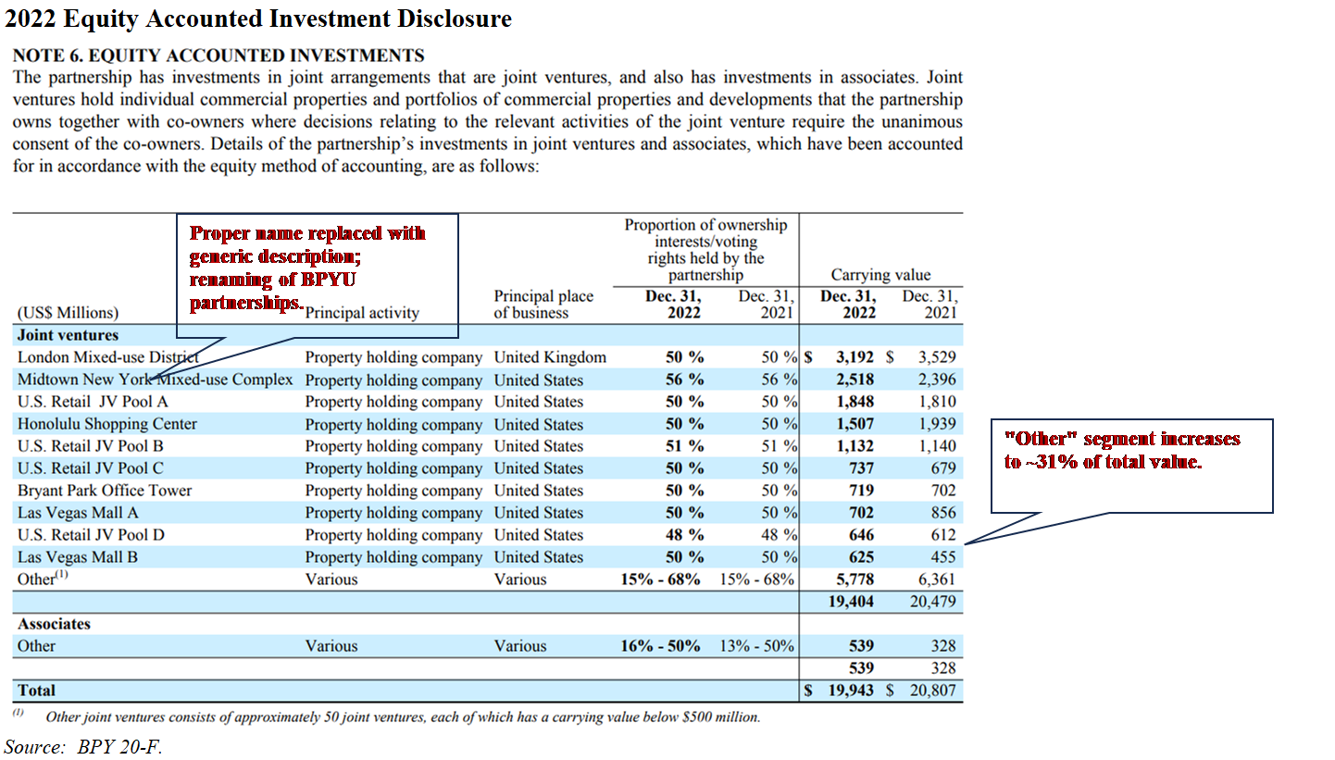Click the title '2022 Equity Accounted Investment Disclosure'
click(x=258, y=19)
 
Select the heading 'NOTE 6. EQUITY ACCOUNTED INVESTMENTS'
click(x=218, y=56)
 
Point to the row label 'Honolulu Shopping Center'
click(x=107, y=424)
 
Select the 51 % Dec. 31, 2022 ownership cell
click(x=684, y=446)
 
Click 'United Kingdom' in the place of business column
click(x=550, y=357)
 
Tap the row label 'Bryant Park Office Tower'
click(x=105, y=491)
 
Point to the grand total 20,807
click(x=929, y=691)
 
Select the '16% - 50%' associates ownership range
click(x=660, y=646)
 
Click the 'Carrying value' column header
click(x=880, y=275)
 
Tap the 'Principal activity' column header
click(x=362, y=313)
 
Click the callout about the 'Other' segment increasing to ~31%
click(x=1130, y=450)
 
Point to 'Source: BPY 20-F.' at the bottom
click(x=77, y=746)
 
